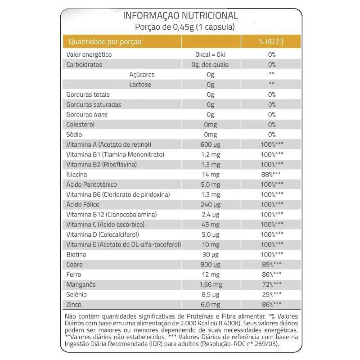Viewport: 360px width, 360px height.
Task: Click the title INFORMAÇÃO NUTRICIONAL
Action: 180,16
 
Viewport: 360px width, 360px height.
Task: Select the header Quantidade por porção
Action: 105,41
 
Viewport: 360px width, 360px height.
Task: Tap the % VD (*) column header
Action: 271,41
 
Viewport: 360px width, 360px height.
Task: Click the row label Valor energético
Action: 89,54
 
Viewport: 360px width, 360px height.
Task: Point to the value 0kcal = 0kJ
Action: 210,54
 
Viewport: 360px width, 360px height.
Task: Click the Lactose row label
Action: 140,85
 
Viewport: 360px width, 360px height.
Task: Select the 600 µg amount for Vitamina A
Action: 210,144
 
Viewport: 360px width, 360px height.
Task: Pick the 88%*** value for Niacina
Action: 271,175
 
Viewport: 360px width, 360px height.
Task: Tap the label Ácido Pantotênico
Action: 91,184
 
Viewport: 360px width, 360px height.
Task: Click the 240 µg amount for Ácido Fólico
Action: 210,204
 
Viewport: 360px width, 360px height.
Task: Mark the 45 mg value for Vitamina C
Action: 210,225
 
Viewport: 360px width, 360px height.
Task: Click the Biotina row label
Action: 76,254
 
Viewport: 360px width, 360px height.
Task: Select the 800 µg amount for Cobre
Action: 210,265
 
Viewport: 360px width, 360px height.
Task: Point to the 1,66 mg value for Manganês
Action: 210,284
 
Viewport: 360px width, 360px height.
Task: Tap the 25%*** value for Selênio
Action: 271,294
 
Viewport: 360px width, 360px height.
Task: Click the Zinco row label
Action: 74,305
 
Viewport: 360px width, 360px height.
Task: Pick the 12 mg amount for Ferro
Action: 210,274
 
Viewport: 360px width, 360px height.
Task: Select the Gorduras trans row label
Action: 87,114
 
